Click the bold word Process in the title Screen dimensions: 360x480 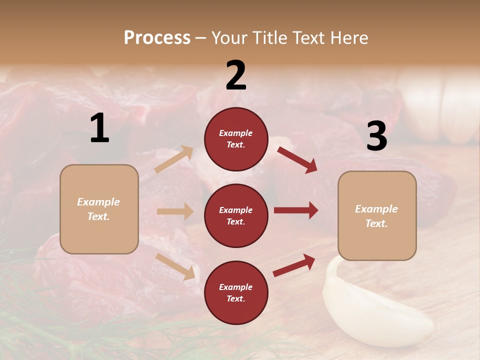pyautogui.click(x=157, y=38)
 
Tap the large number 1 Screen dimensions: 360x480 pyautogui.click(x=99, y=128)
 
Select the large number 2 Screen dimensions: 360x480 pyautogui.click(x=236, y=75)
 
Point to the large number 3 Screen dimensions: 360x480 pyautogui.click(x=376, y=136)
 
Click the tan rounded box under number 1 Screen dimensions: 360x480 pyautogui.click(x=99, y=209)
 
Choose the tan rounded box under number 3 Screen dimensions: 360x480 pyautogui.click(x=377, y=215)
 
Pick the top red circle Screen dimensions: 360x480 pyautogui.click(x=236, y=139)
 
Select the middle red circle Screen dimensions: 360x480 pyautogui.click(x=236, y=215)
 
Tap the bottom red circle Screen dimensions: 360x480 pyautogui.click(x=236, y=292)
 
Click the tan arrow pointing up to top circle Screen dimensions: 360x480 pyautogui.click(x=173, y=159)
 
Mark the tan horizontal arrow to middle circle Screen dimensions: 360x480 pyautogui.click(x=175, y=211)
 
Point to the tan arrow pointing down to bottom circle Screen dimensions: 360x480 pyautogui.click(x=175, y=266)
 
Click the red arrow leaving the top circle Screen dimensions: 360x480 pyautogui.click(x=297, y=159)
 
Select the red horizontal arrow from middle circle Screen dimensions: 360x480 pyautogui.click(x=295, y=210)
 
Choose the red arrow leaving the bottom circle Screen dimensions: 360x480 pyautogui.click(x=294, y=265)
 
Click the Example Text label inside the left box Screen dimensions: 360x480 pyautogui.click(x=98, y=209)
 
